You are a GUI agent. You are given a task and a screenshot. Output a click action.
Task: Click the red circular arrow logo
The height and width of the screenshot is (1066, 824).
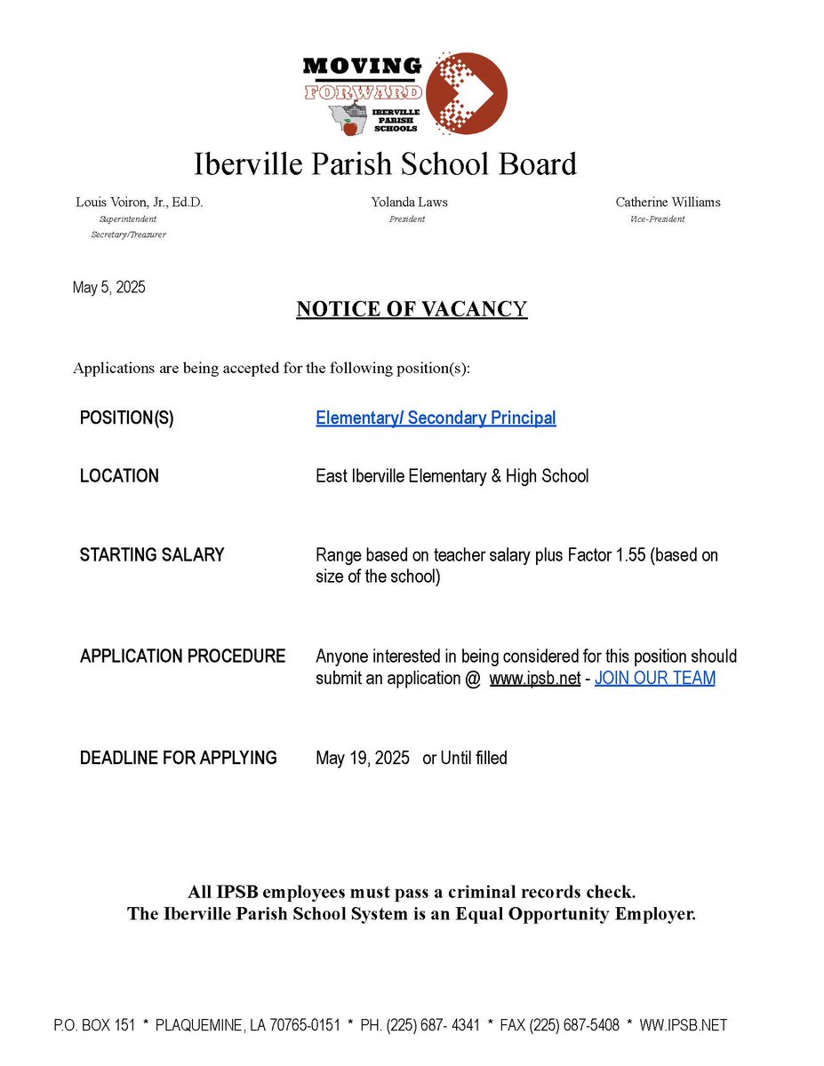coord(467,93)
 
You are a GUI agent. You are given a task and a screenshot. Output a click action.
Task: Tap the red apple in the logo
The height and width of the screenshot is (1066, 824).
coord(350,128)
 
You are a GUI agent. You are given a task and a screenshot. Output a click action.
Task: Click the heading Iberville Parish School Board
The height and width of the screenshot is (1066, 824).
coord(385,164)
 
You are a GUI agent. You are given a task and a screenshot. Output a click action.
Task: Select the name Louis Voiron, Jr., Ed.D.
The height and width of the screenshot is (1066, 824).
coord(140,203)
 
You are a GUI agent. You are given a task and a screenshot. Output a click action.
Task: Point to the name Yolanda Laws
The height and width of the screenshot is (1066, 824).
coord(409,203)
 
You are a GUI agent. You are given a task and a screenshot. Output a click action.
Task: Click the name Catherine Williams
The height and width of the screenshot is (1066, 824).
coord(668,203)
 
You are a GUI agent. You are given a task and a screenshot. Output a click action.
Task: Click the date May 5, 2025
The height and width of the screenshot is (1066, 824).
coord(108,288)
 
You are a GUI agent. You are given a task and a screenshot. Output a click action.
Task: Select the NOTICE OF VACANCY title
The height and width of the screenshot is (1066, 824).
coord(412,309)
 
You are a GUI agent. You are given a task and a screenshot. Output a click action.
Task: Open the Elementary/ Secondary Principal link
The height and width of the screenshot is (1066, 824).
coord(436,418)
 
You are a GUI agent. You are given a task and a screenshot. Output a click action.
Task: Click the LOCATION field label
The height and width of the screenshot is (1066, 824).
coord(119,476)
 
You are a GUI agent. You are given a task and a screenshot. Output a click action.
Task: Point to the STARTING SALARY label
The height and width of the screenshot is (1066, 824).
coord(152,555)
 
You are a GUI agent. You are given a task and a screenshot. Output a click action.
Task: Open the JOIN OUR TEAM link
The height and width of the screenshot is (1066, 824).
coord(654,679)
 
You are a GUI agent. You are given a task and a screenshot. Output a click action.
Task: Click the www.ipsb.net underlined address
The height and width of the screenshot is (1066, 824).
coord(534,679)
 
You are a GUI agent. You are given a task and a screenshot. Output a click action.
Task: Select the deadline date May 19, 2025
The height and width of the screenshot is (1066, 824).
coord(363,759)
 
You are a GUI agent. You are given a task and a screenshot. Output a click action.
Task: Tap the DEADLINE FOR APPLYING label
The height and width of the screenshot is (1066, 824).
coord(178,759)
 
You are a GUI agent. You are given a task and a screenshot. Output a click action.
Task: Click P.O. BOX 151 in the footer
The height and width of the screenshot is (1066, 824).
coord(94,1025)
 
